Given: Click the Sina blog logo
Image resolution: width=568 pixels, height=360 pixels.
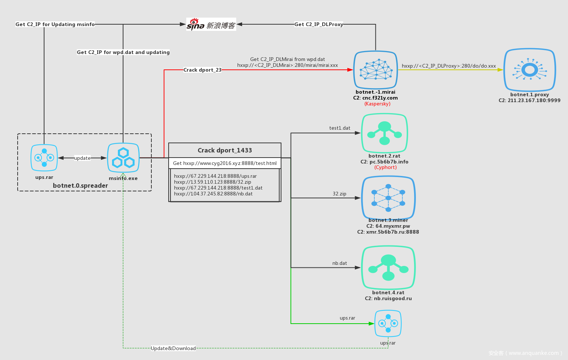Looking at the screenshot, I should (211, 24).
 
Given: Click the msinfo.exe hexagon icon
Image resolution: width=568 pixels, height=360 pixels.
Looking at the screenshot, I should (123, 158).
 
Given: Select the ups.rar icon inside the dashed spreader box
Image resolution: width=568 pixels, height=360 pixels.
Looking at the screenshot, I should (44, 158).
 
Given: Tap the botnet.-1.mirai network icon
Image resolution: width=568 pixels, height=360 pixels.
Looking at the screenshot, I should (375, 70).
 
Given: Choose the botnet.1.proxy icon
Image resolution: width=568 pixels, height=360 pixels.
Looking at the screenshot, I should (529, 70).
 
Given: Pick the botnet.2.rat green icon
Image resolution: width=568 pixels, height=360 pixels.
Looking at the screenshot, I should (384, 133).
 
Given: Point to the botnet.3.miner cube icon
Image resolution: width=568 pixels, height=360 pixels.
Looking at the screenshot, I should (388, 198).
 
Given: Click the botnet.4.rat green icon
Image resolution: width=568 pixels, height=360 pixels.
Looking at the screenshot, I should (388, 267).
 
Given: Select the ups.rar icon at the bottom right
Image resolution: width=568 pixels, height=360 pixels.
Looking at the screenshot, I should (388, 323).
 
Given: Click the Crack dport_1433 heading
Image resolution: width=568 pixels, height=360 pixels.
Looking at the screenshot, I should (225, 150).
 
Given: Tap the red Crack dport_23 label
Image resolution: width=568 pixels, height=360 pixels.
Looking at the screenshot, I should (202, 70).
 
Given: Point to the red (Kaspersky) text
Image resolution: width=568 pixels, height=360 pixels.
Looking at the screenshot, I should (377, 104).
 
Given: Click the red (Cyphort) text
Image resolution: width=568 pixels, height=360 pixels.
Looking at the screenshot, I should (385, 168).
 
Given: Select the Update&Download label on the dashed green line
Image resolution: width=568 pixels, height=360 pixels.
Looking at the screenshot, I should (173, 348).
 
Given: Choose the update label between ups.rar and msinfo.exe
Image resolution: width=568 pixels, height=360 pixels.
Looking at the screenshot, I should (82, 158).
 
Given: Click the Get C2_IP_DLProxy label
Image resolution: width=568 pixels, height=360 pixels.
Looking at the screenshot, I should (319, 24).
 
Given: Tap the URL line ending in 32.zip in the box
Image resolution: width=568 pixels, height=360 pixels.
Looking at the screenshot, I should (213, 182).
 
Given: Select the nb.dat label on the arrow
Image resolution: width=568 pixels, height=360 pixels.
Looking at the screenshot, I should (339, 263).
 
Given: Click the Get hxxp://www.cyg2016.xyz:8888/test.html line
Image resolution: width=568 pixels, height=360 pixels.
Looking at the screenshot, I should (225, 163).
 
